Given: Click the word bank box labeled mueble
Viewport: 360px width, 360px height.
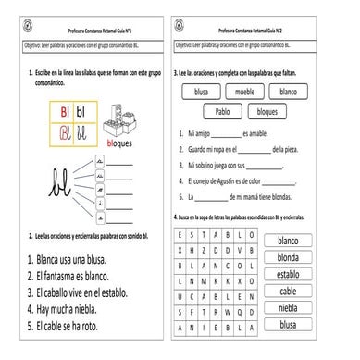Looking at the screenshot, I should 244,92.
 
